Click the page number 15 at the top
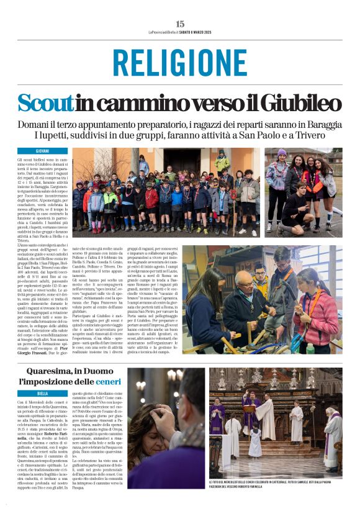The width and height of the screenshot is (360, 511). pos(180,24)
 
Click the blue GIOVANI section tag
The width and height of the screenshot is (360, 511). pos(42,151)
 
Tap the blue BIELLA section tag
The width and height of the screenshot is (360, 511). pos(42,393)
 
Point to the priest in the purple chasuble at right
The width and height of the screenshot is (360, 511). pos(331,435)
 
